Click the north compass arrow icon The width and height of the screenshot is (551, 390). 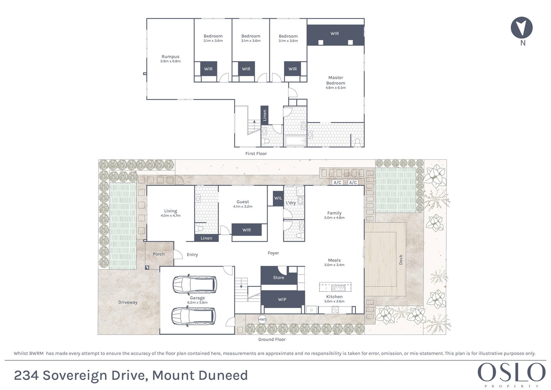521,27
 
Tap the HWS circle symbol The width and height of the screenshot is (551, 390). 262,319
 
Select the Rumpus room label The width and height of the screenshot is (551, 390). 171,57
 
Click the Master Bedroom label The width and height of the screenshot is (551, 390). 336,80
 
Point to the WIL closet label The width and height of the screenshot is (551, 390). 278,198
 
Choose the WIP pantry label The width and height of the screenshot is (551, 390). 282,299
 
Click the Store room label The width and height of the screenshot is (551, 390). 278,278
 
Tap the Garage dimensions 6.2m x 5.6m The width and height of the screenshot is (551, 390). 197,302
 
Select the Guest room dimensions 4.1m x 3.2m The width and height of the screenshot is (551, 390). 243,206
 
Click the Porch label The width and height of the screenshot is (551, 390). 159,254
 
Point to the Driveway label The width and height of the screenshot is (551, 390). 127,302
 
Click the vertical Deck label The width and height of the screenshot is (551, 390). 401,260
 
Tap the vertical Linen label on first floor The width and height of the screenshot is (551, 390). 265,115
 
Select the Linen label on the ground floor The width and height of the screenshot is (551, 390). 206,238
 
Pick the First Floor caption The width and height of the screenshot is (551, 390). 256,153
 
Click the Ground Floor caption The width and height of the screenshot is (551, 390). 272,339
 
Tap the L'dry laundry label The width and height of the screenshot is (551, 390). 291,203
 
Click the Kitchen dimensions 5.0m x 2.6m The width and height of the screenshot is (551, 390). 334,301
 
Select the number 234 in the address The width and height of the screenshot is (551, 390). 26,375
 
